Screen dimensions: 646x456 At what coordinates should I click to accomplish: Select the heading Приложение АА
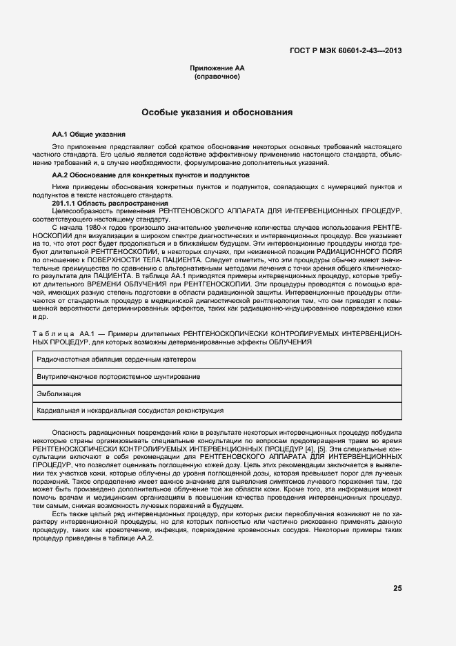(x=217, y=68)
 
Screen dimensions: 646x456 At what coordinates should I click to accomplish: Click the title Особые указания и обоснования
(x=217, y=112)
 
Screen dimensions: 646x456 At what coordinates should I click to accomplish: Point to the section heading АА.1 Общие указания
(x=89, y=133)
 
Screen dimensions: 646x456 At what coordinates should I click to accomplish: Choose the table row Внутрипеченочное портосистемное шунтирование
(x=119, y=377)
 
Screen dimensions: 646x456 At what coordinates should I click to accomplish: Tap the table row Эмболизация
(x=59, y=393)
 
